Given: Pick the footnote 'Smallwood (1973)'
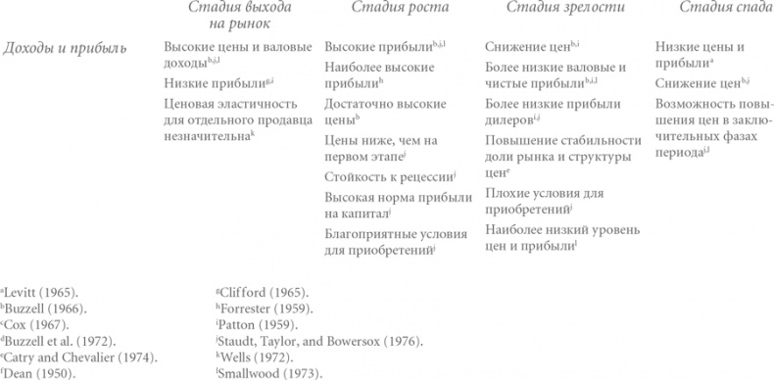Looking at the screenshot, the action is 265,372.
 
